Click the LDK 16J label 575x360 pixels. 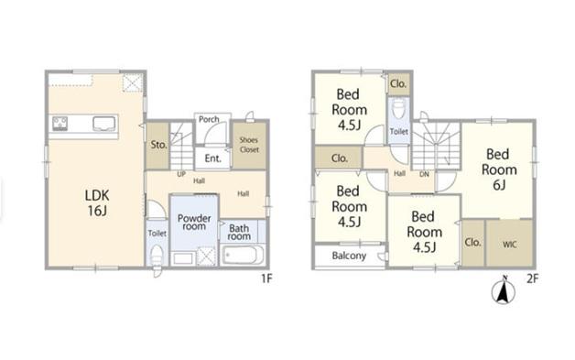coord(97,203)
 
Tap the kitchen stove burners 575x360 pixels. coord(60,124)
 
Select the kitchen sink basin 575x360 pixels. coord(103,124)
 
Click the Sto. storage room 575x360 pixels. coord(157,146)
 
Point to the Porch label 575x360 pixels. coord(209,119)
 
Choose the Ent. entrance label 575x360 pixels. coord(212,158)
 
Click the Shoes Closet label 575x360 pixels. coord(249,145)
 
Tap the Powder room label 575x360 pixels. coord(194,223)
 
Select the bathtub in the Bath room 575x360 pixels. coord(243,255)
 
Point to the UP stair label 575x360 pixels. coord(181,174)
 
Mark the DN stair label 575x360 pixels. coord(424,174)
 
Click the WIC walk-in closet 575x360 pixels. coord(509,243)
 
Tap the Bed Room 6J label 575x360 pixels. coord(499,169)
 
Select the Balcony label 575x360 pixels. coord(349,256)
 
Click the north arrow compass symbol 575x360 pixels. coord(504,290)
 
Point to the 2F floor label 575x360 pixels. coord(533,278)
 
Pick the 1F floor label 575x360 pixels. coord(266,278)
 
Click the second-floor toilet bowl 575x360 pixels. coord(398,109)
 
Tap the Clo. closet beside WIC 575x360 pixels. coord(472,243)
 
